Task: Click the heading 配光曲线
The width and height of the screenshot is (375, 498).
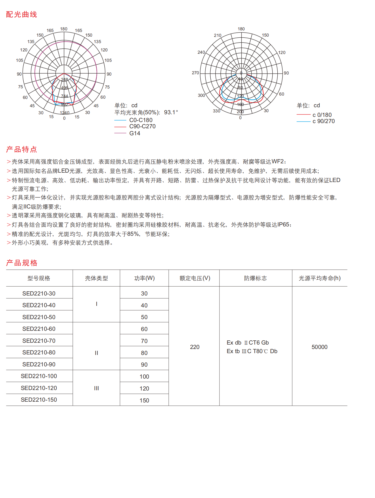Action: coord(22,15)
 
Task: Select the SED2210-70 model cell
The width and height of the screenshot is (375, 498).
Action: coord(39,341)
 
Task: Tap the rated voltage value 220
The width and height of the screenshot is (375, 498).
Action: coord(195,347)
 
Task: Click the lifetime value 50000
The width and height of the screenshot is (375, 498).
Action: coord(319,347)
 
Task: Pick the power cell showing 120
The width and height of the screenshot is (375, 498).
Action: coord(144,388)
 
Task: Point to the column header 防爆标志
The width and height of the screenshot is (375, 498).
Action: coord(255,278)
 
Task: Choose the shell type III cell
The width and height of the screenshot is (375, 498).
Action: coord(96,388)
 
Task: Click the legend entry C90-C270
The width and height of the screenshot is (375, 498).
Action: coord(142,126)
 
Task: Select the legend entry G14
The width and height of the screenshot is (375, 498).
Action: coord(135,133)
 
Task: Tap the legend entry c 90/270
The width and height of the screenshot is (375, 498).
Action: coord(323,121)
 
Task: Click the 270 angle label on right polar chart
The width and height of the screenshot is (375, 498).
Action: coord(195,73)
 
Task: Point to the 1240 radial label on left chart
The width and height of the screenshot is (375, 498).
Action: coord(65,113)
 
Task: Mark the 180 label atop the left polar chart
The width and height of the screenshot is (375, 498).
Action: coord(64,29)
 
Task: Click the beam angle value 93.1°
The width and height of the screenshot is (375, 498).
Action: coord(171,112)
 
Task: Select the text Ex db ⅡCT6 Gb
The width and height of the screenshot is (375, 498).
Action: coord(247,342)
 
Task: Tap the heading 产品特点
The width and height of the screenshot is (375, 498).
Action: coord(22,149)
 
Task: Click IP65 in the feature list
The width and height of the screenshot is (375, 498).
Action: coord(283,225)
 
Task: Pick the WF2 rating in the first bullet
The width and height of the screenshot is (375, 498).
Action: coord(277,161)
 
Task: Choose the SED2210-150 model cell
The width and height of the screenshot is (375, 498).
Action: coord(39,400)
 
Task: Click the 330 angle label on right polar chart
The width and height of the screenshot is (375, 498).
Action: coord(217,111)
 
